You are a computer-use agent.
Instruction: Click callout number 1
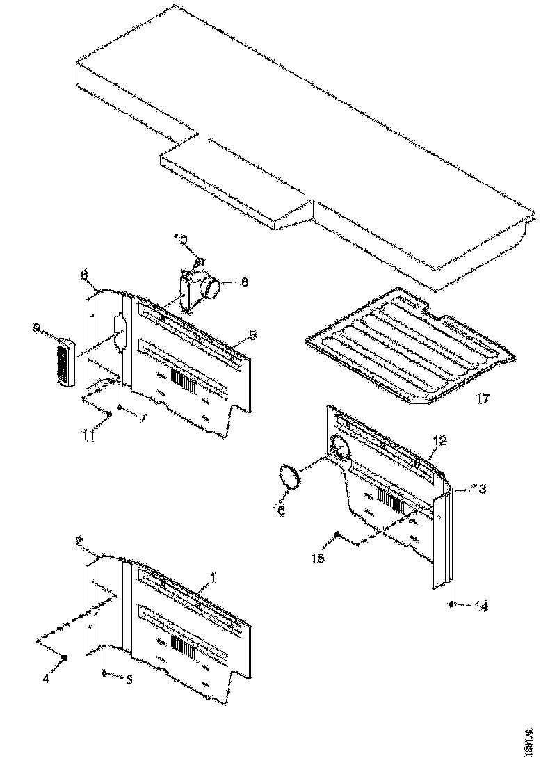click(x=213, y=577)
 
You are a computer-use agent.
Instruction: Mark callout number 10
click(x=180, y=241)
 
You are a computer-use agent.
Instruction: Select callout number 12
click(x=439, y=440)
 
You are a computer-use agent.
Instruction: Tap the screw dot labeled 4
click(x=64, y=657)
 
